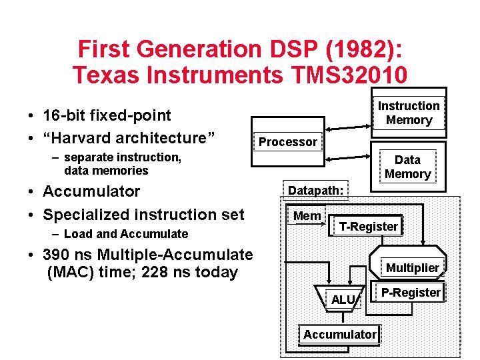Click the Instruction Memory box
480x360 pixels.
tap(409, 113)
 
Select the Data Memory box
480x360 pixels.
tap(407, 167)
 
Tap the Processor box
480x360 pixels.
tap(288, 141)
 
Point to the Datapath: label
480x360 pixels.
tap(315, 191)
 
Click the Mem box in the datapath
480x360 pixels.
tap(307, 216)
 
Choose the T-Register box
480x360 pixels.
tap(368, 227)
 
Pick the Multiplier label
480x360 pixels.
tap(413, 268)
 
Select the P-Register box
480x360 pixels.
tap(411, 293)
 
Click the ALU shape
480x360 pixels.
tap(343, 300)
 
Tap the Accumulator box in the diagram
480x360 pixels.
tap(340, 335)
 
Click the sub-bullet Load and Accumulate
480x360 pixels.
tap(126, 234)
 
